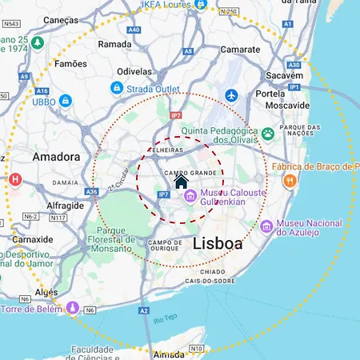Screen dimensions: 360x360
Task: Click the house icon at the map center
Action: (181, 182)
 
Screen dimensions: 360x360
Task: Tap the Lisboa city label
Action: (217, 245)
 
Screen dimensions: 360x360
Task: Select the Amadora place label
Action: (56, 157)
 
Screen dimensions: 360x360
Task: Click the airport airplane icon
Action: (233, 96)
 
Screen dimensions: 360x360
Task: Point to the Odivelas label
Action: (134, 71)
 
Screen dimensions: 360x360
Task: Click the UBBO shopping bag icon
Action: (66, 101)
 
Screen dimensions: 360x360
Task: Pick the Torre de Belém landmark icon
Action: (73, 307)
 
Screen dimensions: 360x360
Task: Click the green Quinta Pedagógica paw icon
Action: (268, 133)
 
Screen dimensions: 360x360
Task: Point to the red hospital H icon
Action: (13, 179)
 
